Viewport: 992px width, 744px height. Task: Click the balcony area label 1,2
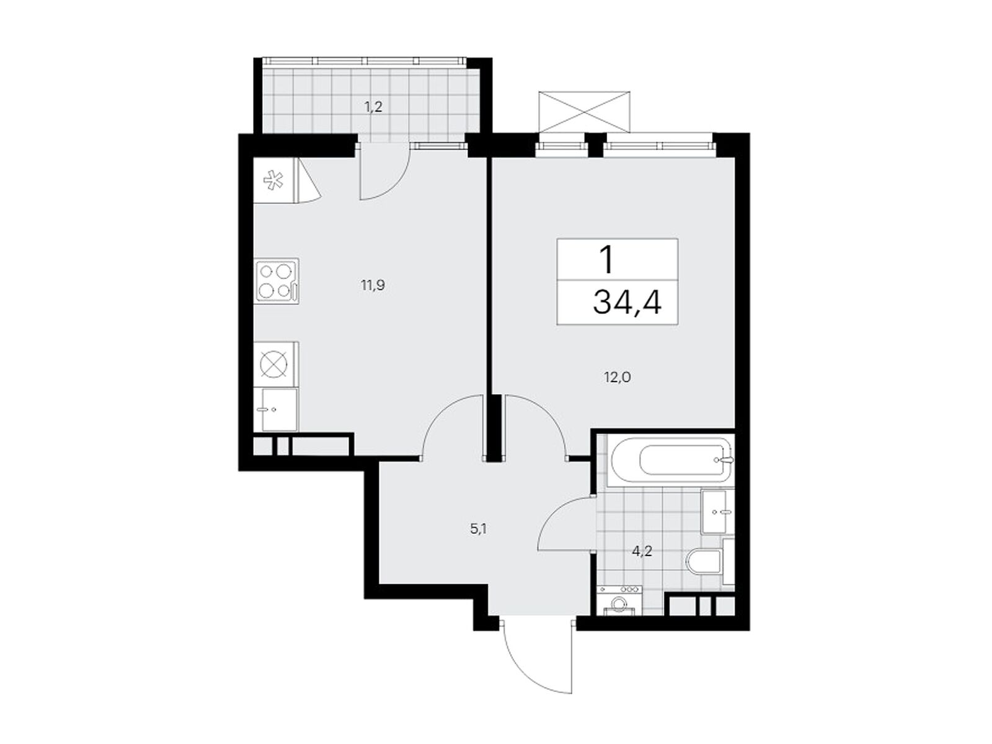373,108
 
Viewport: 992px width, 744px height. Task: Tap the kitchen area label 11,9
373,285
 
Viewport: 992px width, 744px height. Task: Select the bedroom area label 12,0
617,377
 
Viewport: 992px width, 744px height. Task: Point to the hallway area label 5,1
478,529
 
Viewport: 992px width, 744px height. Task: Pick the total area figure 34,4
627,302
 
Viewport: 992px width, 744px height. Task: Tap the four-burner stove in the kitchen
276,281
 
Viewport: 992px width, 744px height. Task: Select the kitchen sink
275,410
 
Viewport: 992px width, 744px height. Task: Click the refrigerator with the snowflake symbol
276,180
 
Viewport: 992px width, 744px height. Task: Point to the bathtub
670,460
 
